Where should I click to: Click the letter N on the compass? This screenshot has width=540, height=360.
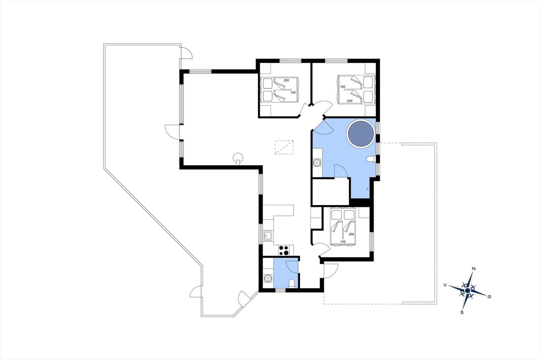(x=474, y=268)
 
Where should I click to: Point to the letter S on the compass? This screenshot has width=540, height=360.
(x=462, y=312)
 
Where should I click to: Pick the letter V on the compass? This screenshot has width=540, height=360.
(x=445, y=285)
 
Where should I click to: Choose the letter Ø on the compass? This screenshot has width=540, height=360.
(x=489, y=297)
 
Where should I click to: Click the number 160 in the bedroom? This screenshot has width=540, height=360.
(x=343, y=86)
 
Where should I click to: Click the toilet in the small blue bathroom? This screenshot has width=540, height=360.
(x=292, y=284)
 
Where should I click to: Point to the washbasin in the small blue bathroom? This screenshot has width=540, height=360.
(x=268, y=278)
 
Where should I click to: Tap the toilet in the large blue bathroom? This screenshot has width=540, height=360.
(x=371, y=159)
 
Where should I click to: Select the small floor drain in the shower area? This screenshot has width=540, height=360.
(x=368, y=189)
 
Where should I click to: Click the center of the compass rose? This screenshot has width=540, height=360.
(x=468, y=290)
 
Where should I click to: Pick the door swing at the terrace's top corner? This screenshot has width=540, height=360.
(x=187, y=53)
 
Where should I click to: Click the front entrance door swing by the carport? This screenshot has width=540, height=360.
(x=331, y=271)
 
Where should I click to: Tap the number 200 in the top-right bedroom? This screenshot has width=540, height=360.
(x=350, y=101)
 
